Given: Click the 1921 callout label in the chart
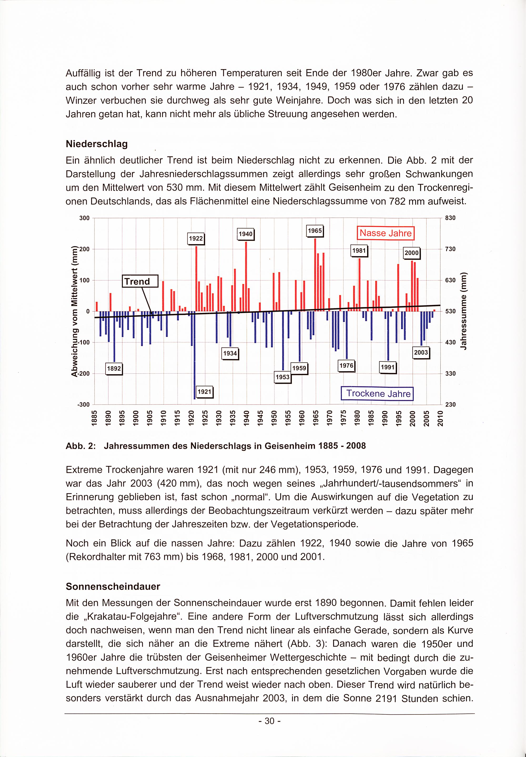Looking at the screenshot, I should [x=204, y=392].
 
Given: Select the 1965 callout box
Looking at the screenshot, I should [x=315, y=231].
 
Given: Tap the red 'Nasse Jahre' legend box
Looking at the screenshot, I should [x=385, y=233].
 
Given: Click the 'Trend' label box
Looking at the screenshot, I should [x=140, y=281].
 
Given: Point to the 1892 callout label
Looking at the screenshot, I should [x=114, y=369].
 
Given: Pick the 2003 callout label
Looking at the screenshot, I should [x=421, y=352].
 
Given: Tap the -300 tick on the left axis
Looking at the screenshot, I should [x=83, y=405].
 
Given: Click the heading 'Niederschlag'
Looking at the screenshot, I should [x=97, y=144].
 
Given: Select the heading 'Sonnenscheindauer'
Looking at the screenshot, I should [x=113, y=586].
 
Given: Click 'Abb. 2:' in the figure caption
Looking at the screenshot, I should [x=80, y=446].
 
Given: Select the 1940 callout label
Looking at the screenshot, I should [x=246, y=234].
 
